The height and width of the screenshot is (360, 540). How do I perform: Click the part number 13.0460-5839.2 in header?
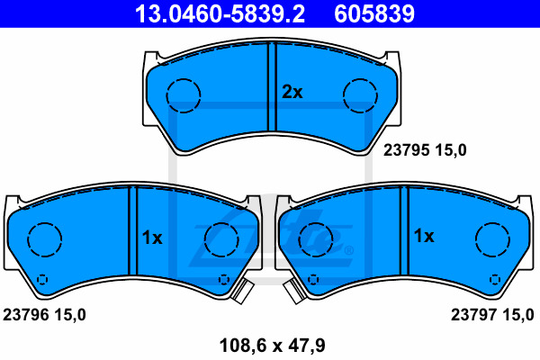(220, 13)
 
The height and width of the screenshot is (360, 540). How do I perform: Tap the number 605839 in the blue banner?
(374, 13)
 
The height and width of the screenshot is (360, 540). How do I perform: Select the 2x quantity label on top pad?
(292, 92)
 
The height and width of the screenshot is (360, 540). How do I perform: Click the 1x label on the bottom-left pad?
(152, 238)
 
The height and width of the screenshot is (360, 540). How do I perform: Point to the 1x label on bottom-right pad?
(424, 236)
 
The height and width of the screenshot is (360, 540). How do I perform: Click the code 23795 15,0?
(425, 150)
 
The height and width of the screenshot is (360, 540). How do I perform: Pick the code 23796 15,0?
(44, 314)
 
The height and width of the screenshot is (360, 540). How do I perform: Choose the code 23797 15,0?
(492, 314)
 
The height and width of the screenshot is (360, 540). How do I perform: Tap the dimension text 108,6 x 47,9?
(272, 346)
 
